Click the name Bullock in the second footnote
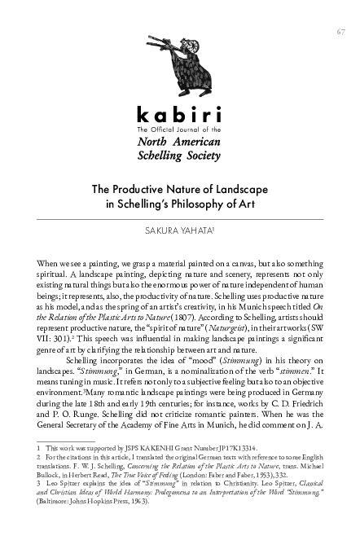click(51, 498)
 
